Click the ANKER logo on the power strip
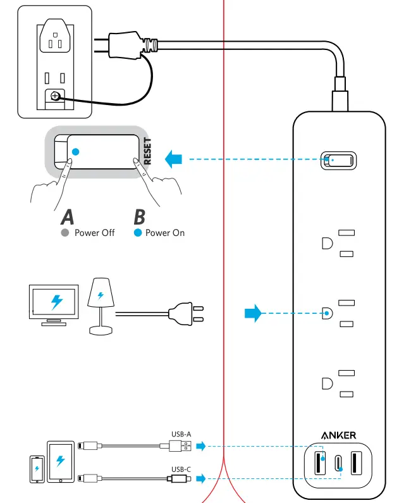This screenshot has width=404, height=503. (x=338, y=435)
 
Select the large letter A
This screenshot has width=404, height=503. (x=68, y=217)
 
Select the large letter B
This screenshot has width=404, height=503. (x=139, y=217)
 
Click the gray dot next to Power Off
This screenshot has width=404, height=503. (x=64, y=233)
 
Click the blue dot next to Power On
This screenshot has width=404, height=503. (x=137, y=233)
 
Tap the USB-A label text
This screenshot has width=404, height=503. (x=181, y=434)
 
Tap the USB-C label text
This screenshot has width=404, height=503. (x=181, y=469)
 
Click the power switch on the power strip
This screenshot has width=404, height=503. (x=338, y=160)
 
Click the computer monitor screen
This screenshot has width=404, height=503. (x=56, y=301)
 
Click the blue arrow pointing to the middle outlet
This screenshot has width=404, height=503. (x=253, y=313)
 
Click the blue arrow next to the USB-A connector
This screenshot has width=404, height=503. (x=201, y=447)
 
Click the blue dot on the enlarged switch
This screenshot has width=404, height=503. (x=76, y=152)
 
